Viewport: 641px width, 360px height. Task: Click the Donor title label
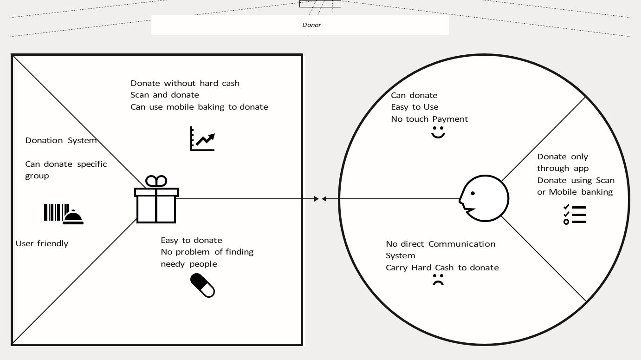(311, 25)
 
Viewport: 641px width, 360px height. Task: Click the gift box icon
(156, 205)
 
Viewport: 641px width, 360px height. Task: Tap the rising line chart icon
(203, 139)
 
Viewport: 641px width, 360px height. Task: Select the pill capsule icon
(203, 285)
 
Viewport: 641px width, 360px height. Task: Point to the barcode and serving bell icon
(64, 214)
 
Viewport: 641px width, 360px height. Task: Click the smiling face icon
(438, 132)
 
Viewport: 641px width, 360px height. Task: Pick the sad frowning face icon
(438, 280)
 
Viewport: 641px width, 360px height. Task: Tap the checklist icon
(575, 215)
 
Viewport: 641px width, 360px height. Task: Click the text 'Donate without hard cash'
(185, 83)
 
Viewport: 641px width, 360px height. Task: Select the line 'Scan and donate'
(164, 95)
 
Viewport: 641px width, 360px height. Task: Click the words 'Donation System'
(61, 140)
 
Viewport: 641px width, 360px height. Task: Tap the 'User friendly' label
(42, 243)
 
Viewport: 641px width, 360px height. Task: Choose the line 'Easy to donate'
(191, 240)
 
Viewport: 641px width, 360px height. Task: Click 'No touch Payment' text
(429, 119)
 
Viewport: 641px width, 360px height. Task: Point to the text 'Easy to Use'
(414, 107)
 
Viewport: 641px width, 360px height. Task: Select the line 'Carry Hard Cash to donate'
(442, 268)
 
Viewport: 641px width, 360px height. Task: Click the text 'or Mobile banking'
(575, 192)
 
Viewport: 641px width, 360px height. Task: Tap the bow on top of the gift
(156, 181)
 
